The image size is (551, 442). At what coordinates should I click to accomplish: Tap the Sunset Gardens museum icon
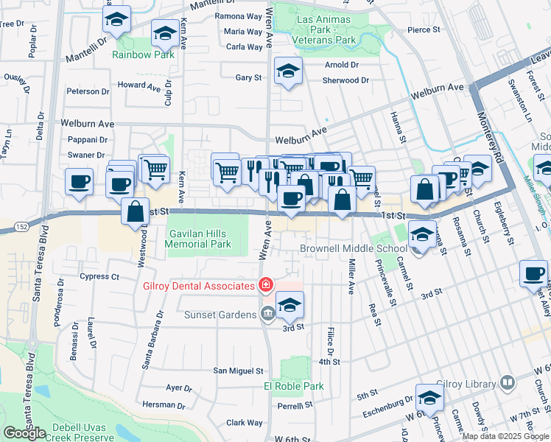pyautogui.click(x=266, y=315)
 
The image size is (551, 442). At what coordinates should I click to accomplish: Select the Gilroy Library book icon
pyautogui.click(x=507, y=383)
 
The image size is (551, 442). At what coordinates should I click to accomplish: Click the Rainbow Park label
pyautogui.click(x=143, y=55)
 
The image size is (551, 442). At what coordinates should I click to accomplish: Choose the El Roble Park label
pyautogui.click(x=293, y=386)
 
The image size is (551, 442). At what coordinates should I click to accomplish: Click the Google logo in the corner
pyautogui.click(x=24, y=432)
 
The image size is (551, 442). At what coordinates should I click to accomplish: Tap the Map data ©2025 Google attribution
pyautogui.click(x=505, y=436)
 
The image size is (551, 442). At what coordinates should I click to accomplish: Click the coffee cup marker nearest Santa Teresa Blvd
pyautogui.click(x=79, y=181)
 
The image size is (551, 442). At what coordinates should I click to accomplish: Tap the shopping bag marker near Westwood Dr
pyautogui.click(x=135, y=211)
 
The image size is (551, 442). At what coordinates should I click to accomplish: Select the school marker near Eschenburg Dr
pyautogui.click(x=429, y=398)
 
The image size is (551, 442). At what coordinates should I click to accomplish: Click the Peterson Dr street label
pyautogui.click(x=88, y=91)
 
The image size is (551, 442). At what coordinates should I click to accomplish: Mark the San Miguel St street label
pyautogui.click(x=236, y=371)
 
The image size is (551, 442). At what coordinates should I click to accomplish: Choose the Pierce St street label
pyautogui.click(x=423, y=31)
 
